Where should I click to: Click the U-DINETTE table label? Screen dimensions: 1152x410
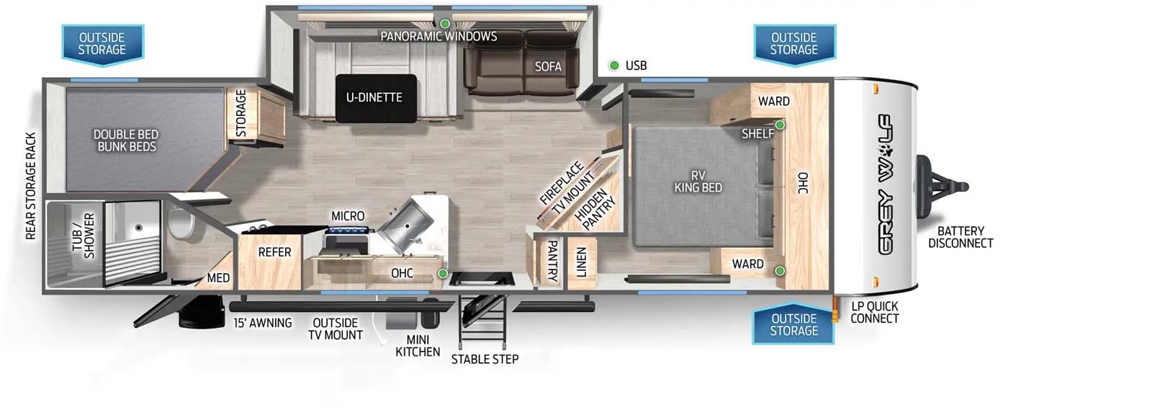(x=374, y=97)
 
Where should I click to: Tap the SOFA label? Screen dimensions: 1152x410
(x=548, y=66)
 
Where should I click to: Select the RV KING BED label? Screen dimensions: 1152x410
(x=698, y=182)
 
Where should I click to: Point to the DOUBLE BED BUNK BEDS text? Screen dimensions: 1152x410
(x=126, y=141)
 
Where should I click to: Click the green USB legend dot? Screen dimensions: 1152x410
(x=613, y=66)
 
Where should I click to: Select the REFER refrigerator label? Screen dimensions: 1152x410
(x=274, y=252)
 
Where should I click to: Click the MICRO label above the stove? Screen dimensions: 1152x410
(x=348, y=216)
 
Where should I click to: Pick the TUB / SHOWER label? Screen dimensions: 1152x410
(x=84, y=236)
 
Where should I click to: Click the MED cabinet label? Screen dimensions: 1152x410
(x=219, y=278)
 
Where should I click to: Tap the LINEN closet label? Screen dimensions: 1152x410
(x=581, y=262)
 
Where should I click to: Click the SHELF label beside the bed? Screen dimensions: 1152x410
(x=757, y=134)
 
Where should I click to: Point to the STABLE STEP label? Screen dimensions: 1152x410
(x=485, y=359)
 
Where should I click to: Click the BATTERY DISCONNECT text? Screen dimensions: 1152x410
(x=960, y=237)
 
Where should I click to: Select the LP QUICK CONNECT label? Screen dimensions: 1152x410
(x=874, y=312)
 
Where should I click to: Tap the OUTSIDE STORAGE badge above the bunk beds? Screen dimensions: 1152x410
(x=102, y=44)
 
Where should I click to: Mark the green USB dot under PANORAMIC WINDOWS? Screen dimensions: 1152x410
(x=445, y=24)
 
